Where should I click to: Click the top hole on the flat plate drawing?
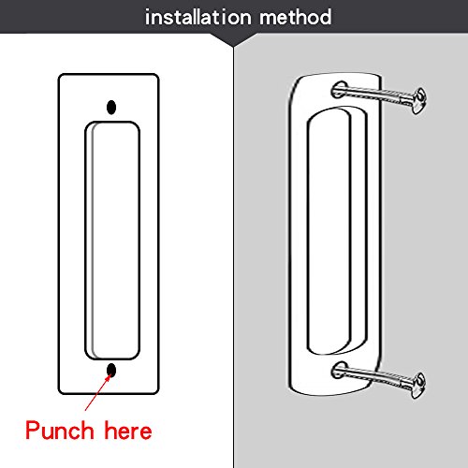[x=113, y=107]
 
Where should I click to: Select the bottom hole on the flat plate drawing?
[x=113, y=372]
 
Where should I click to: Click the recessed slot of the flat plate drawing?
[x=113, y=239]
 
